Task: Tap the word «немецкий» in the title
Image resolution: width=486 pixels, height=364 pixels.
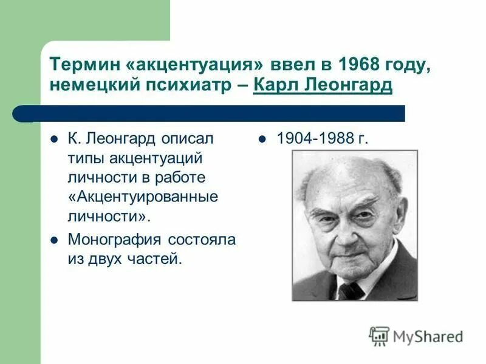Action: tap(93, 86)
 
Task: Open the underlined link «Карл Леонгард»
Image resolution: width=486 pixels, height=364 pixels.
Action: tap(323, 86)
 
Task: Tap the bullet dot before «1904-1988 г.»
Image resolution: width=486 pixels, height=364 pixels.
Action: tap(262, 139)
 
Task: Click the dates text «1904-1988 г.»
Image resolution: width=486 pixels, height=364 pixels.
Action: tap(323, 138)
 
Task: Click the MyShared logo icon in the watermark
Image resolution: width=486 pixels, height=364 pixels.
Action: tap(379, 336)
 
